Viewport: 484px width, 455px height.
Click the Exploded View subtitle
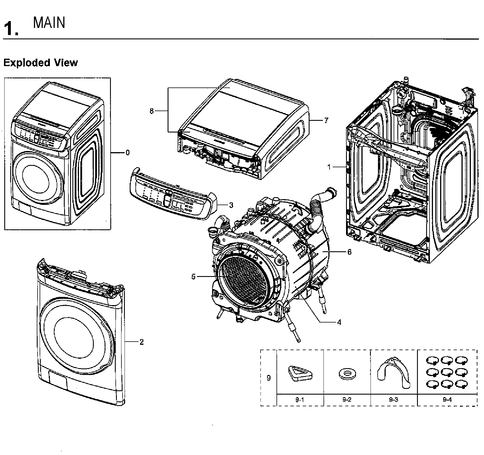pos(40,63)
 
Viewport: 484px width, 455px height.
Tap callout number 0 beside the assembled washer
pos(127,153)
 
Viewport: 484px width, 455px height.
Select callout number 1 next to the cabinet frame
pos(329,167)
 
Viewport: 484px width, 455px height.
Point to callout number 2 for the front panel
pos(142,342)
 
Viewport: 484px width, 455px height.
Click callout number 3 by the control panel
pos(231,205)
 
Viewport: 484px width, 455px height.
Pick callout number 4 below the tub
pos(339,322)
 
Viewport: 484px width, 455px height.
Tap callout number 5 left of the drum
pos(193,277)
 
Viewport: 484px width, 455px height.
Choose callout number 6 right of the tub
pos(349,252)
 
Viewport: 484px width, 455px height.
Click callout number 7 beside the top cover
pos(326,121)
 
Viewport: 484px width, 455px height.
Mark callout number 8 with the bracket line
pos(152,111)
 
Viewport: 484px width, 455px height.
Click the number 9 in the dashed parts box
pos(269,378)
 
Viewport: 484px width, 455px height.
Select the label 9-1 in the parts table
pos(300,400)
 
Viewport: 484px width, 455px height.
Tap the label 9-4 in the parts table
pos(447,400)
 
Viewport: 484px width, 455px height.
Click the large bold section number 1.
pos(11,28)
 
